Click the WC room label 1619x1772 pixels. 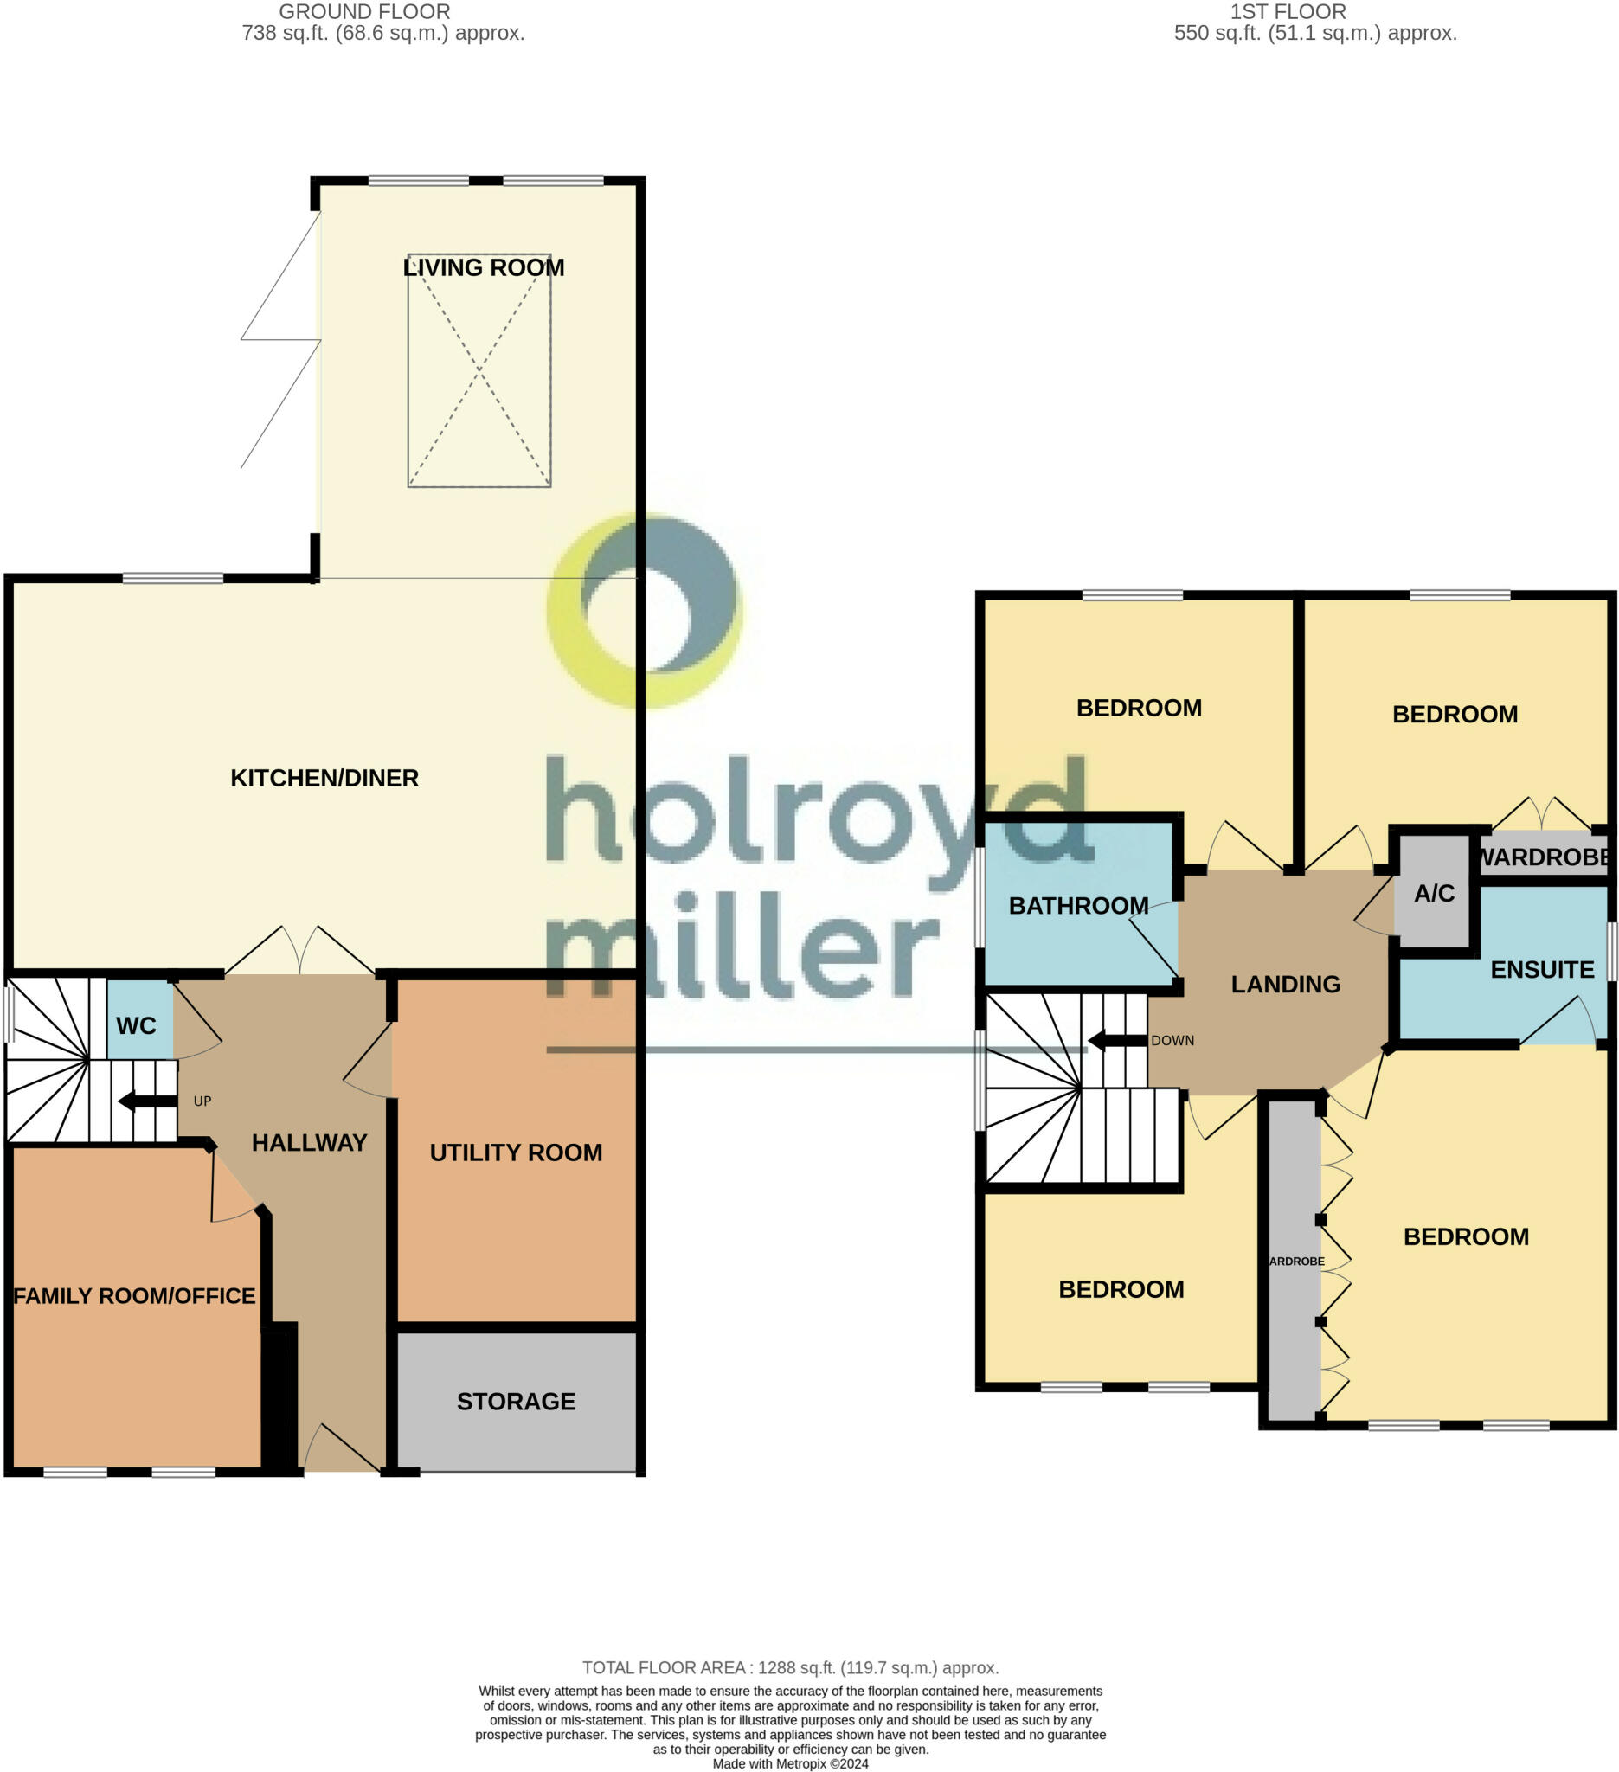point(136,1026)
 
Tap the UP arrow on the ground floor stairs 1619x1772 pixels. point(148,1101)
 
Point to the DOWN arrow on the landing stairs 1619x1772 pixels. point(1117,1042)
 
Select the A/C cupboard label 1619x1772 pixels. point(1435,893)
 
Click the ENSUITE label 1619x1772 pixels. point(1543,970)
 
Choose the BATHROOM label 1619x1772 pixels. point(1078,905)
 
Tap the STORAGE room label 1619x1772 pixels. point(516,1401)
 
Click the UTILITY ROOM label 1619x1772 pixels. point(516,1152)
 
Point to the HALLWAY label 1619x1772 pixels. point(310,1143)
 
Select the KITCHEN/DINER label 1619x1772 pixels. point(324,778)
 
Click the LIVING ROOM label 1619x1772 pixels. point(484,267)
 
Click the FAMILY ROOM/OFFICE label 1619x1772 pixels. point(134,1295)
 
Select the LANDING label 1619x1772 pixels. point(1286,985)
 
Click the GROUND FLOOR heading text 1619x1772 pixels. point(365,12)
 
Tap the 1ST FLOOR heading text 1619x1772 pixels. point(1288,12)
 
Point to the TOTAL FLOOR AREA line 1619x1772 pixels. point(791,1668)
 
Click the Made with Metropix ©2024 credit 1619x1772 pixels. point(791,1763)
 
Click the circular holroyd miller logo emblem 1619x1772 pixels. point(646,611)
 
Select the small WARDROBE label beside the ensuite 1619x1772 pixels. point(1545,857)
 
